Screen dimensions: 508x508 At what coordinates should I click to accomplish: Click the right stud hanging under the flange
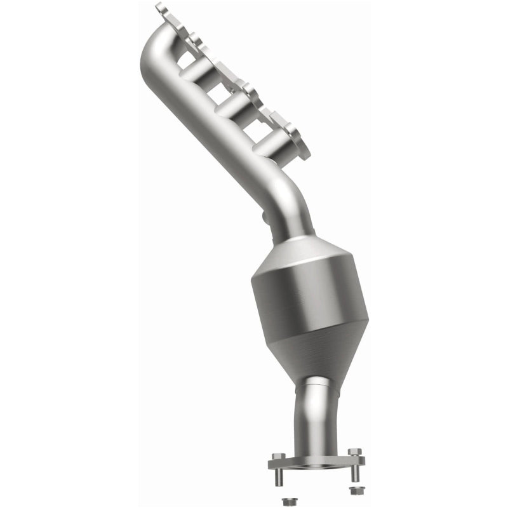[353, 474]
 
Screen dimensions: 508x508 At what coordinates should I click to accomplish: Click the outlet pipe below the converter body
[315, 413]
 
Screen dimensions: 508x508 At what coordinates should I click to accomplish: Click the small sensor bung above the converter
[265, 220]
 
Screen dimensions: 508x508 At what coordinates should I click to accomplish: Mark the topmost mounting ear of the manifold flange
[163, 10]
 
